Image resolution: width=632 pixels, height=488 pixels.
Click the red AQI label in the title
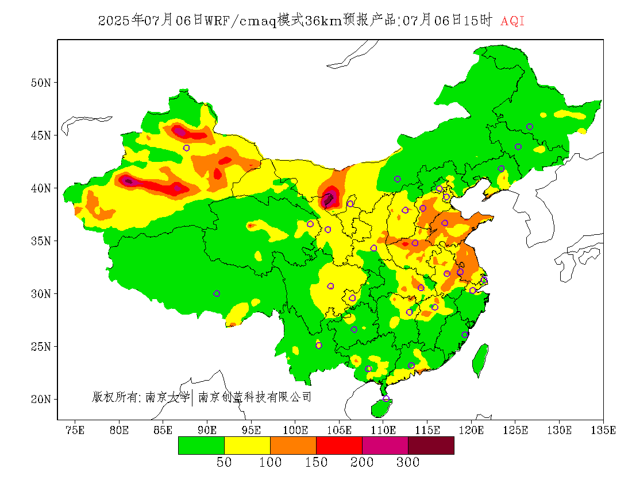pos(512,21)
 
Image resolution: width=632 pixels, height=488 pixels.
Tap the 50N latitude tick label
pos(41,83)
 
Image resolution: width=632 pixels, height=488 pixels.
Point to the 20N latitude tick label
pos(41,399)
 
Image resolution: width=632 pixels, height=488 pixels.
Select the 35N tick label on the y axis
pos(41,241)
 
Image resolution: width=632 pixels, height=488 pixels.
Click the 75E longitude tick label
pos(75,430)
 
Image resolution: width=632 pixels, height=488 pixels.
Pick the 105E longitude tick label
pos(339,430)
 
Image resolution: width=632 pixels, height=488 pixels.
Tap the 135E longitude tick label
pos(603,430)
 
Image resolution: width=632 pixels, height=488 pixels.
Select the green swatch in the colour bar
pos(201,446)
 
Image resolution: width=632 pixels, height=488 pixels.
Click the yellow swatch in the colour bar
pos(247,446)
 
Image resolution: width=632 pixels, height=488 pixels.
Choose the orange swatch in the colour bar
pos(293,446)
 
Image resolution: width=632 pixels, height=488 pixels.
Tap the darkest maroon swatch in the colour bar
pos(431,446)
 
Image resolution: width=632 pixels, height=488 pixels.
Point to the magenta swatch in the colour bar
pos(385,446)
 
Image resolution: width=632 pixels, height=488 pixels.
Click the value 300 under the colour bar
pos(408,462)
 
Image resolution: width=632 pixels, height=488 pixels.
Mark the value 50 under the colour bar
pos(224,462)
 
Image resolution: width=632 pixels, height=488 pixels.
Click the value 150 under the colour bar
pos(316,462)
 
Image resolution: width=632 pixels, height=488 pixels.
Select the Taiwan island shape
pos(480,359)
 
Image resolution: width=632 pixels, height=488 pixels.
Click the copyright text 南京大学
pos(167,397)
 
